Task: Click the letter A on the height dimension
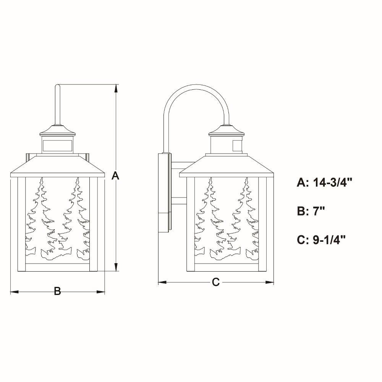pyautogui.click(x=115, y=176)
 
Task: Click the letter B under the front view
pyautogui.click(x=57, y=291)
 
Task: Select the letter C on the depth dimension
pyautogui.click(x=215, y=282)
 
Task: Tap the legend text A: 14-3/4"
pyautogui.click(x=325, y=182)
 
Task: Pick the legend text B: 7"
pyautogui.click(x=311, y=211)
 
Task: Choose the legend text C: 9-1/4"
pyautogui.click(x=321, y=240)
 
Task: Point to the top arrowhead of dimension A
pyautogui.click(x=116, y=88)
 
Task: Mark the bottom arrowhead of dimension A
pyautogui.click(x=116, y=267)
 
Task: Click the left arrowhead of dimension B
pyautogui.click(x=15, y=292)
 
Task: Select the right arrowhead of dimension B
pyautogui.click(x=100, y=292)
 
